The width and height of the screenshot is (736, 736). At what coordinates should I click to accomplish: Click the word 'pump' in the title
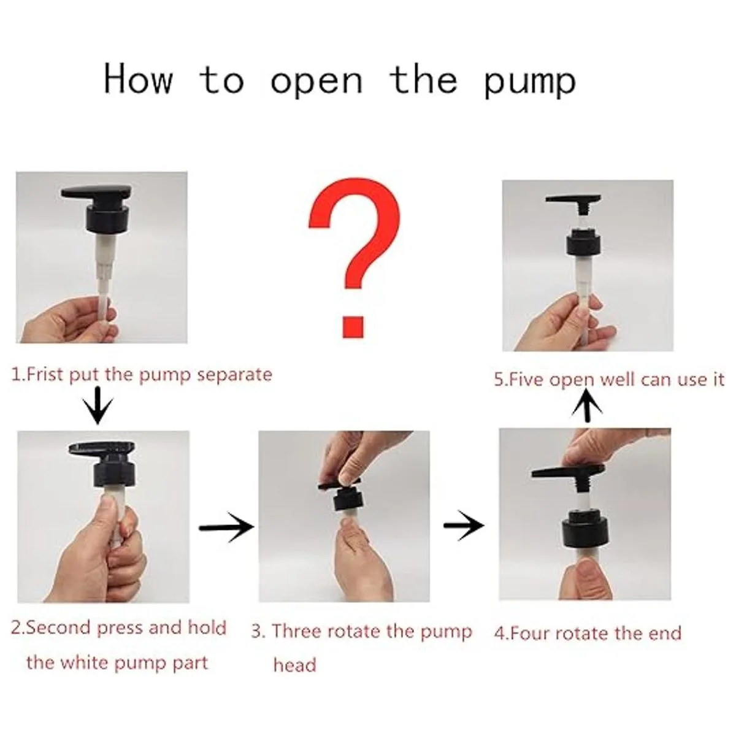click(530, 83)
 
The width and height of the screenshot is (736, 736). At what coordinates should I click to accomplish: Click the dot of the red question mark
click(353, 326)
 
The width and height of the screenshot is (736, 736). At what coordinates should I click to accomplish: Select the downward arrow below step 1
click(98, 405)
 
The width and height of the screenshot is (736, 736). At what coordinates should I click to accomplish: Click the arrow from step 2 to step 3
click(226, 527)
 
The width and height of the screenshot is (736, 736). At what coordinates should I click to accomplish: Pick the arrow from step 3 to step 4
click(464, 526)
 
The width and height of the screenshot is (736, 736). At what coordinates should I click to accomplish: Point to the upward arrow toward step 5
click(588, 408)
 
